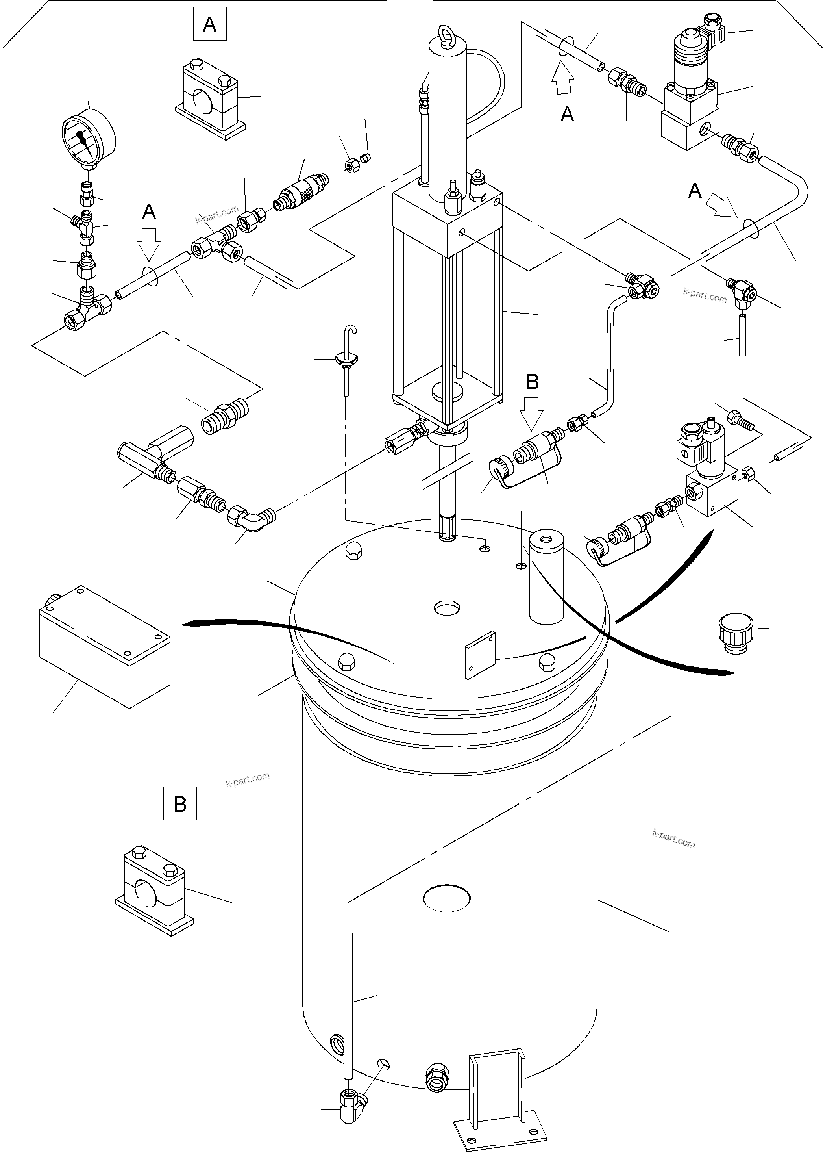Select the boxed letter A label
pos(209,24)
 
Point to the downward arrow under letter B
pos(532,411)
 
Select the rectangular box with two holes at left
pos(104,646)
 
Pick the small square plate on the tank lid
pos(480,655)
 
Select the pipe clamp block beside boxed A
pos(212,100)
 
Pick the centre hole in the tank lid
pos(448,607)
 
